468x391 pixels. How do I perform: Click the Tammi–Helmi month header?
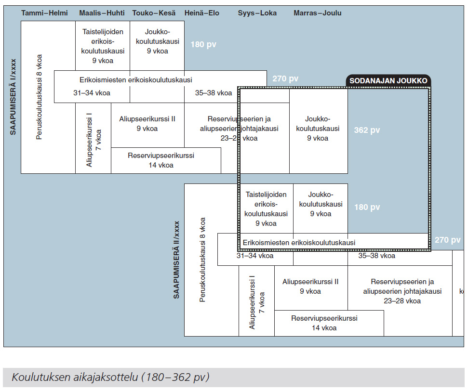44,13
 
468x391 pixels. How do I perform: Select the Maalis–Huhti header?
102,13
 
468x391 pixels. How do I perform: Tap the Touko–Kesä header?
154,13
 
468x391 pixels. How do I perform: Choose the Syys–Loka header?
257,13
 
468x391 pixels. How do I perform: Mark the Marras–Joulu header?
318,13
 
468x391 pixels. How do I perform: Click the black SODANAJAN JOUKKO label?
388,81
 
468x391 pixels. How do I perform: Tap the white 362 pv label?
367,130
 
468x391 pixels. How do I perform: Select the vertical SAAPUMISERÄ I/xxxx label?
14,97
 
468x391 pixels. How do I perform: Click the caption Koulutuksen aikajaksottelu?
110,377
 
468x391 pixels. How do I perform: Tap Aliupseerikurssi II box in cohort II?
310,286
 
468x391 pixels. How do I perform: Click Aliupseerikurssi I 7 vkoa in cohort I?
93,138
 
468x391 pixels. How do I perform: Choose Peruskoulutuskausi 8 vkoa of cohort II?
203,260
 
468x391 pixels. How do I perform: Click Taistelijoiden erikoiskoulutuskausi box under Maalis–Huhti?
102,46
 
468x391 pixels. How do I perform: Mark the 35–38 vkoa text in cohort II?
377,256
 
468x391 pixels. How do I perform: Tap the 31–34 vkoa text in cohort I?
92,93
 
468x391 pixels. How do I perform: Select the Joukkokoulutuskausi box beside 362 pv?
318,129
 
